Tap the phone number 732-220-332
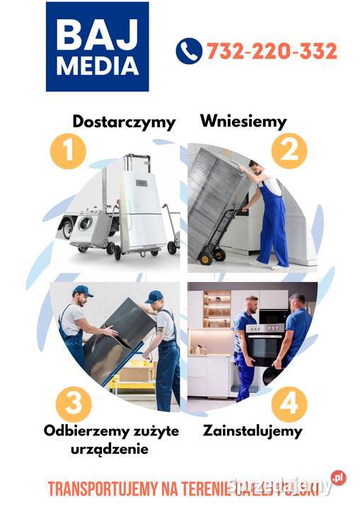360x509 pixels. [272, 52]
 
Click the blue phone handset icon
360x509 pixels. [189, 52]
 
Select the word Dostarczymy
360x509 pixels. [124, 122]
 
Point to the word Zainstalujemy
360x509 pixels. [252, 430]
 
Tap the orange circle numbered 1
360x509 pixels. [67, 151]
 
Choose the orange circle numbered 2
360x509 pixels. [289, 150]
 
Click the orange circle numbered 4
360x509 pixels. [289, 402]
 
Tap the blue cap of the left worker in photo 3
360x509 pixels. [83, 291]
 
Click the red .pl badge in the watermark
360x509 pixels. [339, 478]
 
